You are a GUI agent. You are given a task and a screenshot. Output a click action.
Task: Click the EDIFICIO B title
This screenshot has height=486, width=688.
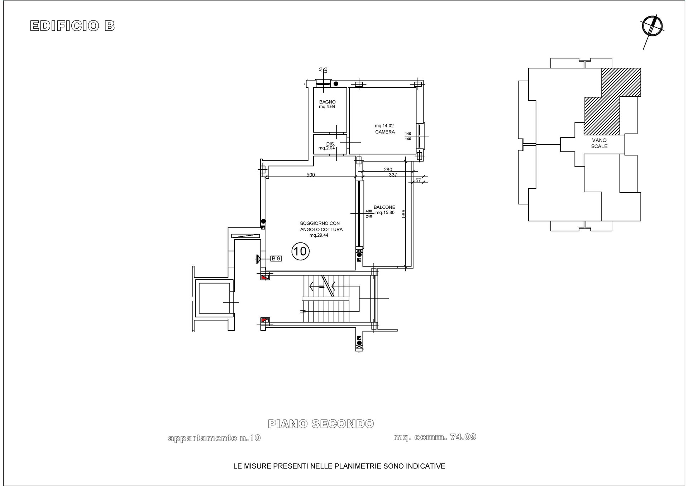(x=72, y=26)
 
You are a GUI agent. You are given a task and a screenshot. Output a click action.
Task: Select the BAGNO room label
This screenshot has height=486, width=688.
(x=327, y=102)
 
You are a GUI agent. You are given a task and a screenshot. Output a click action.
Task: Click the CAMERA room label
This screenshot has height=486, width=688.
(x=385, y=132)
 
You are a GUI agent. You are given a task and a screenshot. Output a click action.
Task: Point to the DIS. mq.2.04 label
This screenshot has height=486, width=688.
(x=327, y=146)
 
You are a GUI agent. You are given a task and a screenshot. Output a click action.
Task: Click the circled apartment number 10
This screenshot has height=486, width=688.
(x=300, y=251)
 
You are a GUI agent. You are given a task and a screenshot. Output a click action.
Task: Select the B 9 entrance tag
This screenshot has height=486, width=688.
(x=276, y=258)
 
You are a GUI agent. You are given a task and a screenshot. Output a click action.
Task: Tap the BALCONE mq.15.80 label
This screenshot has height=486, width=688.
(x=384, y=210)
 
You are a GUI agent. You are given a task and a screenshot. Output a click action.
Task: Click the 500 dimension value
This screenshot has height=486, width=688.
(x=311, y=175)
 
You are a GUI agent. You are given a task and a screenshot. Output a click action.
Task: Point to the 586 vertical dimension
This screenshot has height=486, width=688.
(x=403, y=214)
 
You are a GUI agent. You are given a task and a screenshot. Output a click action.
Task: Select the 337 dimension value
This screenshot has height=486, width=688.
(x=393, y=175)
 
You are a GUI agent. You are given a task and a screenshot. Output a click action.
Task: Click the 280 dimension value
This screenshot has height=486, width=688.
(x=388, y=169)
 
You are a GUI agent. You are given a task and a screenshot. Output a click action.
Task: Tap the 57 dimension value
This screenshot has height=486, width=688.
(x=418, y=181)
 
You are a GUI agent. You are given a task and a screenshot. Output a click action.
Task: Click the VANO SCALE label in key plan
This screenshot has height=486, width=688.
(x=599, y=143)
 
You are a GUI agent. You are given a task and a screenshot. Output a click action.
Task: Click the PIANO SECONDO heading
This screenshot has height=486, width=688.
(x=321, y=424)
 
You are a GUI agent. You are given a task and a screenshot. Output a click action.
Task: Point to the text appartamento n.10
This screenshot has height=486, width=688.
(x=214, y=438)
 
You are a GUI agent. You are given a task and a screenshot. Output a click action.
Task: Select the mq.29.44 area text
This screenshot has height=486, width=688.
(x=319, y=235)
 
